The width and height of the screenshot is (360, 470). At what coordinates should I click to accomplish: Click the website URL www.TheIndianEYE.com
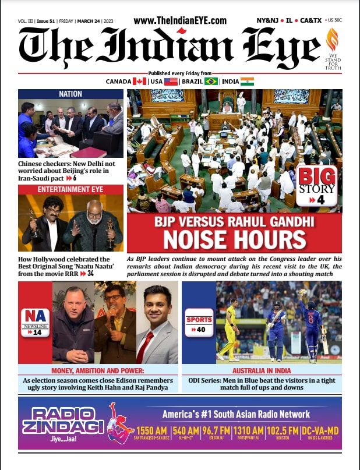pos(179,20)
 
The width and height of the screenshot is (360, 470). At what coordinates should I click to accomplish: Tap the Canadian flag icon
pos(140,82)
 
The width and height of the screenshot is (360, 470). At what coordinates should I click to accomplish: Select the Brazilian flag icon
pos(211,82)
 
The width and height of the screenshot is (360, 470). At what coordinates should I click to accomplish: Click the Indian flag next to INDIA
pos(247,82)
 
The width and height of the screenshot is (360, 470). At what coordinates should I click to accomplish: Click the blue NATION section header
pos(70,94)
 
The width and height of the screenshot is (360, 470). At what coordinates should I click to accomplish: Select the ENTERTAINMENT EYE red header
pos(70,189)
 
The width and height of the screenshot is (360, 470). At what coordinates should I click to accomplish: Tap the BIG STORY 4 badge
pos(316,186)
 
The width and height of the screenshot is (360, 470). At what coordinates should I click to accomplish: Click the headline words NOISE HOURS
pos(234,240)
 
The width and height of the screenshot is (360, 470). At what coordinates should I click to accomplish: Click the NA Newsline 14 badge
pos(36,323)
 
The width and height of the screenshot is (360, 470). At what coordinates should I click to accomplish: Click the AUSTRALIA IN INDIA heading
pos(262,371)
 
